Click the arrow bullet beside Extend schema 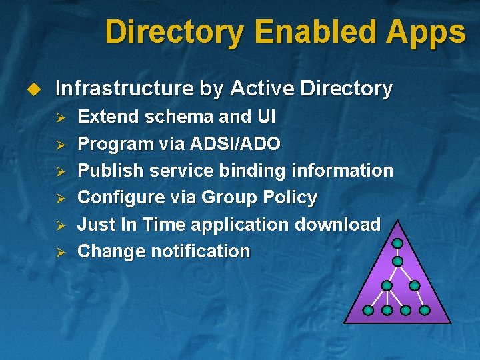59,117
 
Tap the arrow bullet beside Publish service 59,171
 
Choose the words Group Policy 259,198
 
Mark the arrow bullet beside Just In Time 59,225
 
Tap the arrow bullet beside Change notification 59,253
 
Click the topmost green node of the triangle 397,243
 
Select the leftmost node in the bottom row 368,310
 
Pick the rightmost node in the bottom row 425,310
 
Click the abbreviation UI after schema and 265,117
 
